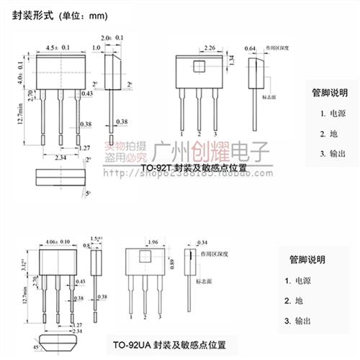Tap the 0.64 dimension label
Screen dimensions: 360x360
[251, 48]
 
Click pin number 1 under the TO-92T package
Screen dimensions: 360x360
[182, 134]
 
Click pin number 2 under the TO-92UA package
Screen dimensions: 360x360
[144, 317]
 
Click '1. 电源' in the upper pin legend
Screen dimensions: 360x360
[332, 113]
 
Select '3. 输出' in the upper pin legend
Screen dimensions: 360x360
[332, 154]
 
